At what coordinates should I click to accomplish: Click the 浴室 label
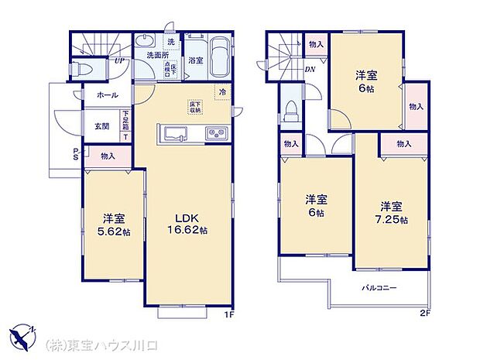coord(195,60)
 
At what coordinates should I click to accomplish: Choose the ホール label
coord(108,94)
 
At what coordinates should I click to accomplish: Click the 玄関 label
coord(102,125)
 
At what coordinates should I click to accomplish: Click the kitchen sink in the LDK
coord(171,133)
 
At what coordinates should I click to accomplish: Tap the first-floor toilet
coord(84,69)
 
